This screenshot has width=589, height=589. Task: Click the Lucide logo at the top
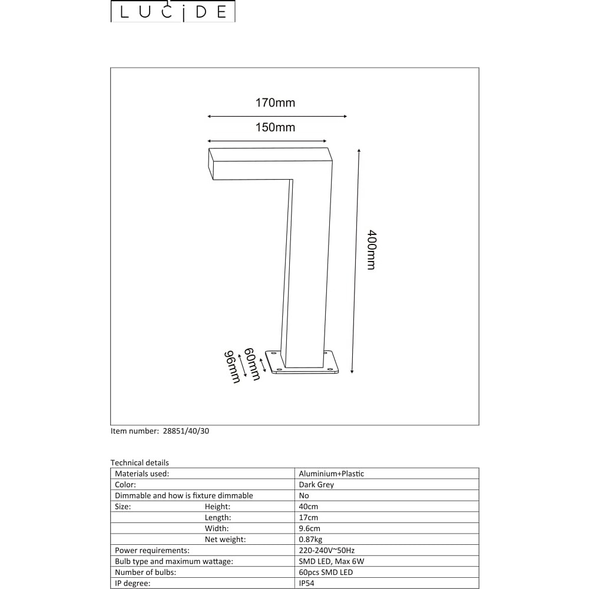point(173,11)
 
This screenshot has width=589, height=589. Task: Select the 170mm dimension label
point(275,102)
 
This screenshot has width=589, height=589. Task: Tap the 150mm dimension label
point(275,127)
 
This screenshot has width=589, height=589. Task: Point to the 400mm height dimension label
point(371,250)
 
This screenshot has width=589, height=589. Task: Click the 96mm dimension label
point(232,367)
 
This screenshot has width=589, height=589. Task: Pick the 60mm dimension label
point(252,364)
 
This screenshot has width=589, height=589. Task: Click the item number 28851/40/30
point(186,431)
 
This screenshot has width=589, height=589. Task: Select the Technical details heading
point(140,463)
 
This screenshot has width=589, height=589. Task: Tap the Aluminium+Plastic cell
point(331,474)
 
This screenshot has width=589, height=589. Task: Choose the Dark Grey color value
point(316,485)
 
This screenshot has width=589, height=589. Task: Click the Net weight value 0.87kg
point(310,540)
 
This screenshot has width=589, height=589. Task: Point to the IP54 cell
point(306,583)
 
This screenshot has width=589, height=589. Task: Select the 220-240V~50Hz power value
point(327,550)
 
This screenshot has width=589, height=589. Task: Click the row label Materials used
point(142,474)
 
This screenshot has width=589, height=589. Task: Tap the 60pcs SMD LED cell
point(326,573)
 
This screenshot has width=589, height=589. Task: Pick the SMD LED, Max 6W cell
point(331,561)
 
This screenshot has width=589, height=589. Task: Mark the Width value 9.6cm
point(310,528)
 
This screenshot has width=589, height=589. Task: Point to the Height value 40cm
point(309,507)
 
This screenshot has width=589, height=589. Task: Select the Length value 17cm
point(309,517)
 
